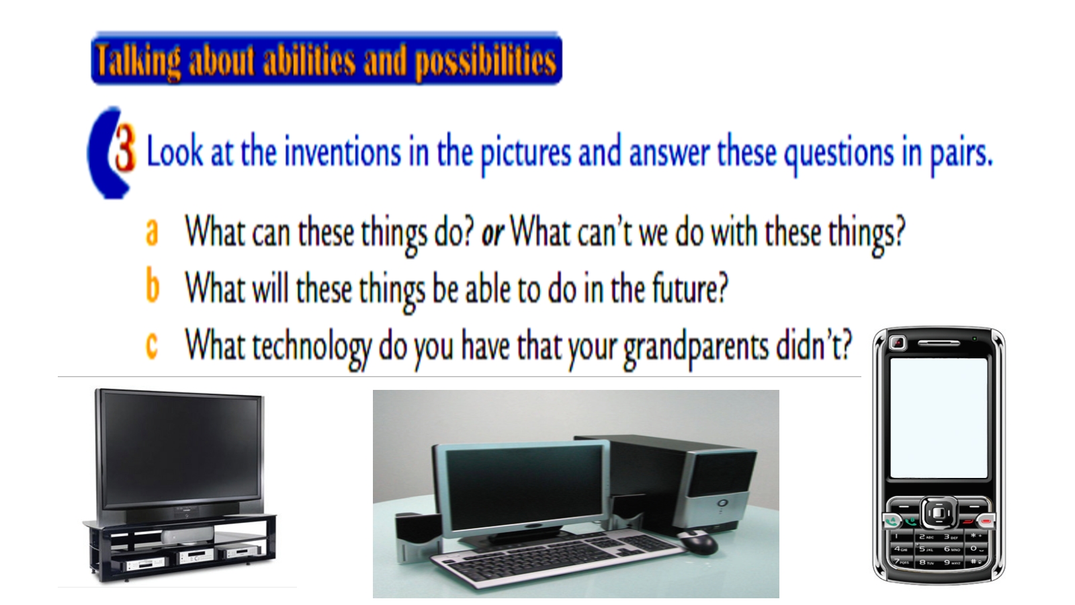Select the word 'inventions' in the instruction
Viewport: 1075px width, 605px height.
pyautogui.click(x=343, y=152)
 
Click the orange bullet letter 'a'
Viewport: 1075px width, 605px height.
pyautogui.click(x=152, y=233)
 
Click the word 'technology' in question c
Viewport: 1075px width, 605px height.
pyautogui.click(x=312, y=347)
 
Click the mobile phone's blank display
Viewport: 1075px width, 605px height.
pyautogui.click(x=939, y=417)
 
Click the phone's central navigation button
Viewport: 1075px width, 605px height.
pyautogui.click(x=938, y=514)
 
